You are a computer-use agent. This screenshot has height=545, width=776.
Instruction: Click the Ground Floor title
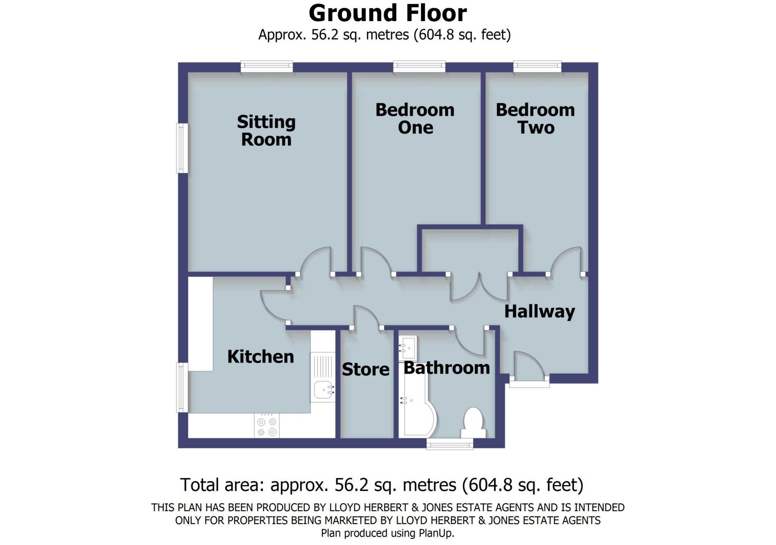click(x=388, y=14)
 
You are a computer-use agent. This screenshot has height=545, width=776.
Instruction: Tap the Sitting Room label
click(x=266, y=131)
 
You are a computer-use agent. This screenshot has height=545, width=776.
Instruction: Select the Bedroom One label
click(x=415, y=118)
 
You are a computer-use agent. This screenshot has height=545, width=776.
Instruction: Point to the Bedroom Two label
click(x=535, y=118)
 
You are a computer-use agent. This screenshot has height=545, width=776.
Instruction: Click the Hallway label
click(x=539, y=311)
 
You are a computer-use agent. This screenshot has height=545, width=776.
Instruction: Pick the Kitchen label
click(x=260, y=357)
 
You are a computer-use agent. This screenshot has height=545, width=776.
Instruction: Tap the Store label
click(x=365, y=369)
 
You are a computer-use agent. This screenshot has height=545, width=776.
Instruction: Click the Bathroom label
click(x=446, y=368)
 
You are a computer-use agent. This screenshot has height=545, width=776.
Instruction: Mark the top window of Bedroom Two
click(x=537, y=67)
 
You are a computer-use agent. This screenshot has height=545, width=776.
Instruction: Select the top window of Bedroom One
click(x=419, y=67)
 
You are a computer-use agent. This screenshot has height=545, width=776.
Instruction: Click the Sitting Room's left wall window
click(x=183, y=148)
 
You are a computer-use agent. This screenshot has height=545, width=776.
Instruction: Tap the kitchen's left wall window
click(x=183, y=387)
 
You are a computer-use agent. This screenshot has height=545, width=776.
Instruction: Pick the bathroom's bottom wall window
click(x=450, y=444)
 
